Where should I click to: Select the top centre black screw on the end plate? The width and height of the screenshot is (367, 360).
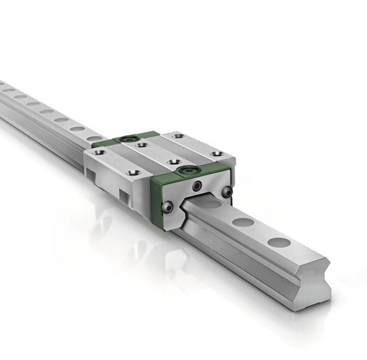[196, 186]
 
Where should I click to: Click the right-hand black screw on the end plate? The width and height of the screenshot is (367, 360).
[226, 193]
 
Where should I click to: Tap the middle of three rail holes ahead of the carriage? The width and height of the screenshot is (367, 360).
[240, 222]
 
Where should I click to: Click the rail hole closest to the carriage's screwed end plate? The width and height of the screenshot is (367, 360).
[212, 204]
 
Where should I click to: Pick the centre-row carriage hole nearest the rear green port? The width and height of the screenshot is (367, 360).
[141, 144]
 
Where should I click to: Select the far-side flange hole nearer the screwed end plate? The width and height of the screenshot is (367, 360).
[216, 153]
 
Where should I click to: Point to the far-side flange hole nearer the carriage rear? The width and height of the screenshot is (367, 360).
[179, 136]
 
